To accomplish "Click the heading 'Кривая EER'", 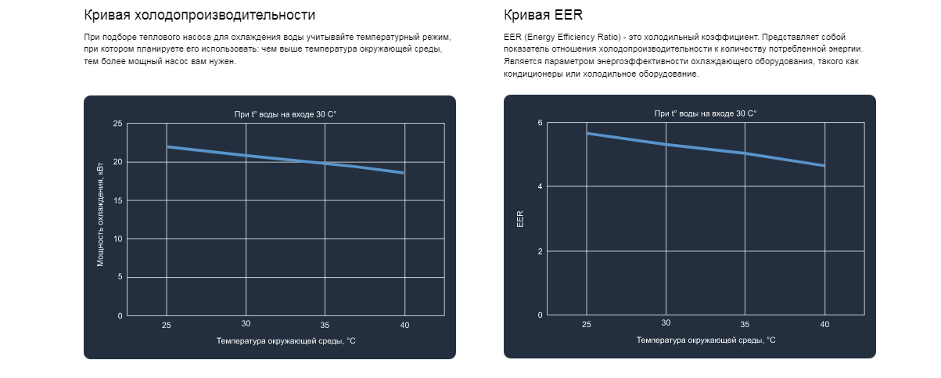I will click(544, 15).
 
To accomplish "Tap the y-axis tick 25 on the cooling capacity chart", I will click(118, 124).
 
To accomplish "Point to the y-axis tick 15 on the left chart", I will click(118, 200).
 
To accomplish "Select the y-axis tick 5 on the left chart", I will click(120, 277).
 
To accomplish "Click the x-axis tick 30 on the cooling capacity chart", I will click(246, 323).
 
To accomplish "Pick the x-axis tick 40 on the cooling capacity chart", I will click(404, 324).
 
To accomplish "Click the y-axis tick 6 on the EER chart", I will click(540, 123).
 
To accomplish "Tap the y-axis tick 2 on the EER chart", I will click(540, 251).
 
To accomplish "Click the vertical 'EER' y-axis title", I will click(520, 219).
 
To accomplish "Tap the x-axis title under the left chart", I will click(286, 340).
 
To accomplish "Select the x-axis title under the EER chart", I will click(706, 340).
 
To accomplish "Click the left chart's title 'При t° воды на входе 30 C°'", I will click(286, 114).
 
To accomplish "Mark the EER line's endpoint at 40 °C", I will click(824, 165).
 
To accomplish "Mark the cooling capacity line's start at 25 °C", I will click(167, 146).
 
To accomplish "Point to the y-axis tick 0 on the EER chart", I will click(540, 315).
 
